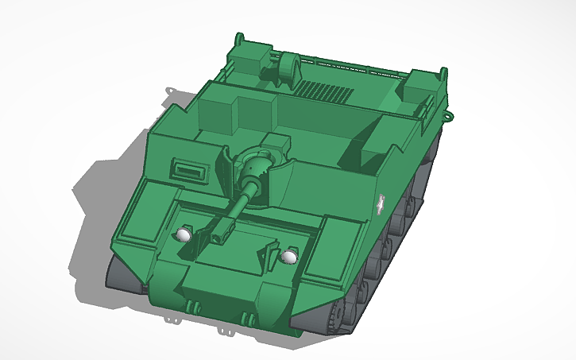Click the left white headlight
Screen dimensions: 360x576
click(184, 234)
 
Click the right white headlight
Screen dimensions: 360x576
click(290, 257)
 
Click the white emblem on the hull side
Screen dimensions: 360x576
click(382, 206)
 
